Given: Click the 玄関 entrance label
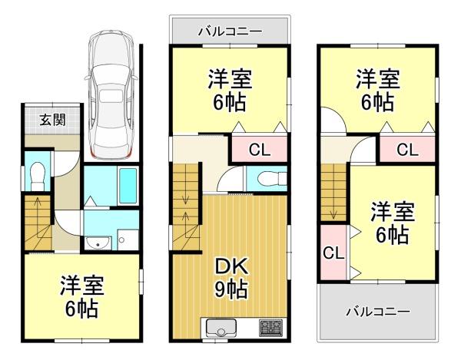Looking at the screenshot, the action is [52, 120].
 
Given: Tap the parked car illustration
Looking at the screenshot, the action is [111, 94].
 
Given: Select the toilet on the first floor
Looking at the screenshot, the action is [38, 177].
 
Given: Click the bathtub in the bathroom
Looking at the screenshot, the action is [128, 186].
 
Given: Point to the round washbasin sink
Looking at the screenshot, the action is [98, 243].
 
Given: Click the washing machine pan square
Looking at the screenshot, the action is [128, 240].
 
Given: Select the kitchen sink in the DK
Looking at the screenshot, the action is [221, 328].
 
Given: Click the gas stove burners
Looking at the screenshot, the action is [270, 328].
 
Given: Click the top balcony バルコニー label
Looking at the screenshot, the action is [230, 31].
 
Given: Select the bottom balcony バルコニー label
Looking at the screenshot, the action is [377, 311].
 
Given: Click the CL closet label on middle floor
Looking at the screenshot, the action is [260, 150].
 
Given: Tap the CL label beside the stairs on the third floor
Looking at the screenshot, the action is [333, 253].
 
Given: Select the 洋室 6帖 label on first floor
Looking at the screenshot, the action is [82, 297].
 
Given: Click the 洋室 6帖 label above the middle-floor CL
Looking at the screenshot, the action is [230, 90].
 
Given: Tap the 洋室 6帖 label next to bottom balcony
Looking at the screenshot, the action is [393, 223].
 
